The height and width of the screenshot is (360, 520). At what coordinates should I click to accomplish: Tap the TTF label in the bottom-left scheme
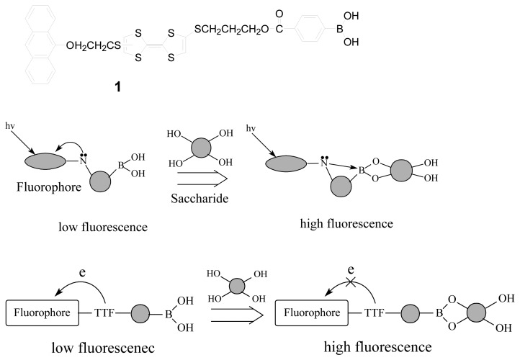pos(107,315)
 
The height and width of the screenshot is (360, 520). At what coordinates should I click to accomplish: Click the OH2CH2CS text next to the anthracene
pos(92,48)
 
